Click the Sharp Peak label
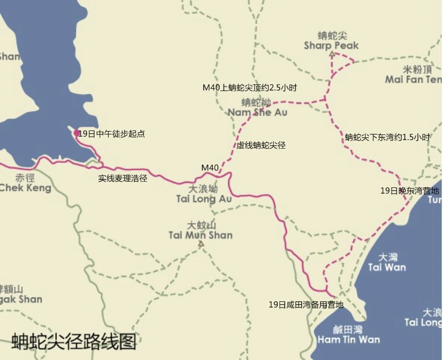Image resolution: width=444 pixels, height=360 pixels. tap(331, 40)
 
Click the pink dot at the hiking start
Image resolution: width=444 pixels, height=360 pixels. tap(76, 133)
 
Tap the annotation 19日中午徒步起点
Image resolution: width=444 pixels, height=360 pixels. tap(112, 134)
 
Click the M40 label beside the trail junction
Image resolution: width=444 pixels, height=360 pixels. tap(210, 167)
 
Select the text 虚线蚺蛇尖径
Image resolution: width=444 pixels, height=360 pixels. tap(261, 145)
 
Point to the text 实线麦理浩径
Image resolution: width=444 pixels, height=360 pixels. tap(123, 178)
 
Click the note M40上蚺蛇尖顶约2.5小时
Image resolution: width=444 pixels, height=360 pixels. tap(250, 88)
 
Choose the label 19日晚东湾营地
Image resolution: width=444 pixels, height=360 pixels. tap(410, 191)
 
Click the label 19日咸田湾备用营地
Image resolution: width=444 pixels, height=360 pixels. tap(306, 305)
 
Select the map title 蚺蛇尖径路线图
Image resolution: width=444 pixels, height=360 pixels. tap(74, 341)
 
